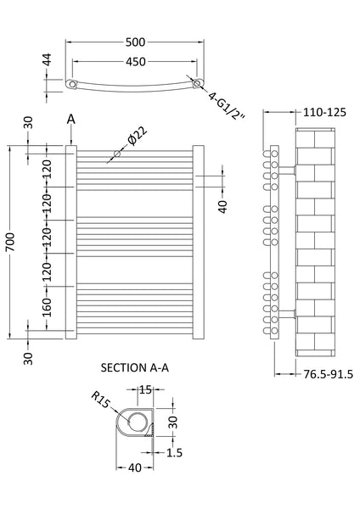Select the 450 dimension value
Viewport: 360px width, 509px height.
tap(136, 63)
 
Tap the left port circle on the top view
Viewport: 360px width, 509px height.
tap(75, 84)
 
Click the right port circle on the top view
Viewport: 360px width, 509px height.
tap(197, 84)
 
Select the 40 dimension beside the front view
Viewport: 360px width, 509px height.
tap(222, 206)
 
